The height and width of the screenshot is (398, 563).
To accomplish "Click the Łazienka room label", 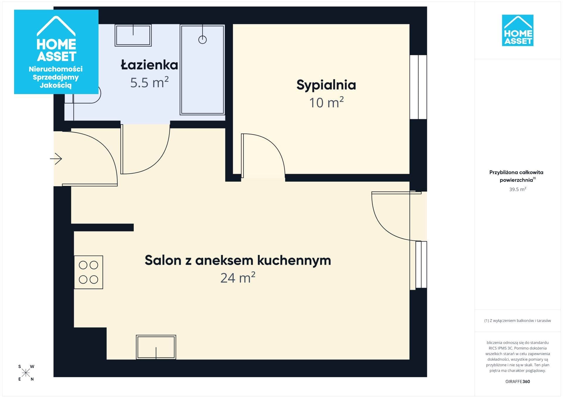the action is coord(149,64).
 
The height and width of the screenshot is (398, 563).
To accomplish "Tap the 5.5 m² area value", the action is coord(149,82).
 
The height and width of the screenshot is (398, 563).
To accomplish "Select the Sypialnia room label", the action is coord(326,85).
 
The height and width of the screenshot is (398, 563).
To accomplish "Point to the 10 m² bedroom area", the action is coord(326,102).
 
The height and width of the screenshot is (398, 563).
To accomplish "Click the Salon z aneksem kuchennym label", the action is coord(238,260).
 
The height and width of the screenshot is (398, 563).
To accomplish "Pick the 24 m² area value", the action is coord(238,278).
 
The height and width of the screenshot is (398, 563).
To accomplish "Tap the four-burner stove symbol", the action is coord(88,272).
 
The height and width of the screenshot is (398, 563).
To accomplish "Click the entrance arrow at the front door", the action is coord(56,159).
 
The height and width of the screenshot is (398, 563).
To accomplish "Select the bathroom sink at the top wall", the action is coord(133,35).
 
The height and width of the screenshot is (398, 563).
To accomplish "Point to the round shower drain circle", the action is coord(202,40).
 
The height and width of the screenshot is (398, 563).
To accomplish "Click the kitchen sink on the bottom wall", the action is coord(156,347).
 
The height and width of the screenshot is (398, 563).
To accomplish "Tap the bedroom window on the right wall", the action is coord(418,87).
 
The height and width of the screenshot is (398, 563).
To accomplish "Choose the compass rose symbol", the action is coord(26,373).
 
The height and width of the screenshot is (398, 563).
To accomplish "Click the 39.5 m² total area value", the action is coord(518,189).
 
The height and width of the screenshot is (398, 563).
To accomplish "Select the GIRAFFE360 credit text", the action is coord(518,381).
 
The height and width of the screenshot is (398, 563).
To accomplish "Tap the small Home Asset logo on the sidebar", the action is coord(518,30).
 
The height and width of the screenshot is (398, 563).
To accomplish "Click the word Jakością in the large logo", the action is coord(56,86).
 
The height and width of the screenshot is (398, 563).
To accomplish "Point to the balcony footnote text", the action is coord(518,321).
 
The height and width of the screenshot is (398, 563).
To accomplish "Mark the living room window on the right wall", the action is coord(421,265).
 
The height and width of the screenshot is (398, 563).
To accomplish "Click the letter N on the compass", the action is coord(32,379).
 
